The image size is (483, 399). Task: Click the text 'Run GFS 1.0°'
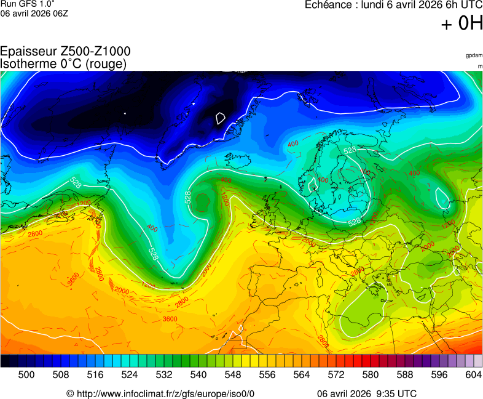(27, 4)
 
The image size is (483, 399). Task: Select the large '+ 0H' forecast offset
(461, 23)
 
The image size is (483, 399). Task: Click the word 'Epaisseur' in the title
(28, 52)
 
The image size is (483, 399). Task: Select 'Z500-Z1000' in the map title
(95, 52)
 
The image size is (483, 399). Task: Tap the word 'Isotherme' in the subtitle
(28, 63)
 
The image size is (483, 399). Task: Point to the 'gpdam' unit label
(473, 55)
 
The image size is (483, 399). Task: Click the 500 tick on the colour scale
(26, 374)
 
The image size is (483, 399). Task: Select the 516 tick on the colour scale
(95, 374)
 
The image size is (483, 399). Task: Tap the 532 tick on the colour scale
(164, 374)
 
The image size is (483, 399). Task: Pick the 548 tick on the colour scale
(233, 374)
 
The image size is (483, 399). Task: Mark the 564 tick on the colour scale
(302, 374)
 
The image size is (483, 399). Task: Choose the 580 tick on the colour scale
(371, 374)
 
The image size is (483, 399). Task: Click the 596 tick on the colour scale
(439, 374)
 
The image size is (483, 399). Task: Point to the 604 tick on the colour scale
(473, 374)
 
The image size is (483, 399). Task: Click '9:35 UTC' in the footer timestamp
(396, 393)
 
